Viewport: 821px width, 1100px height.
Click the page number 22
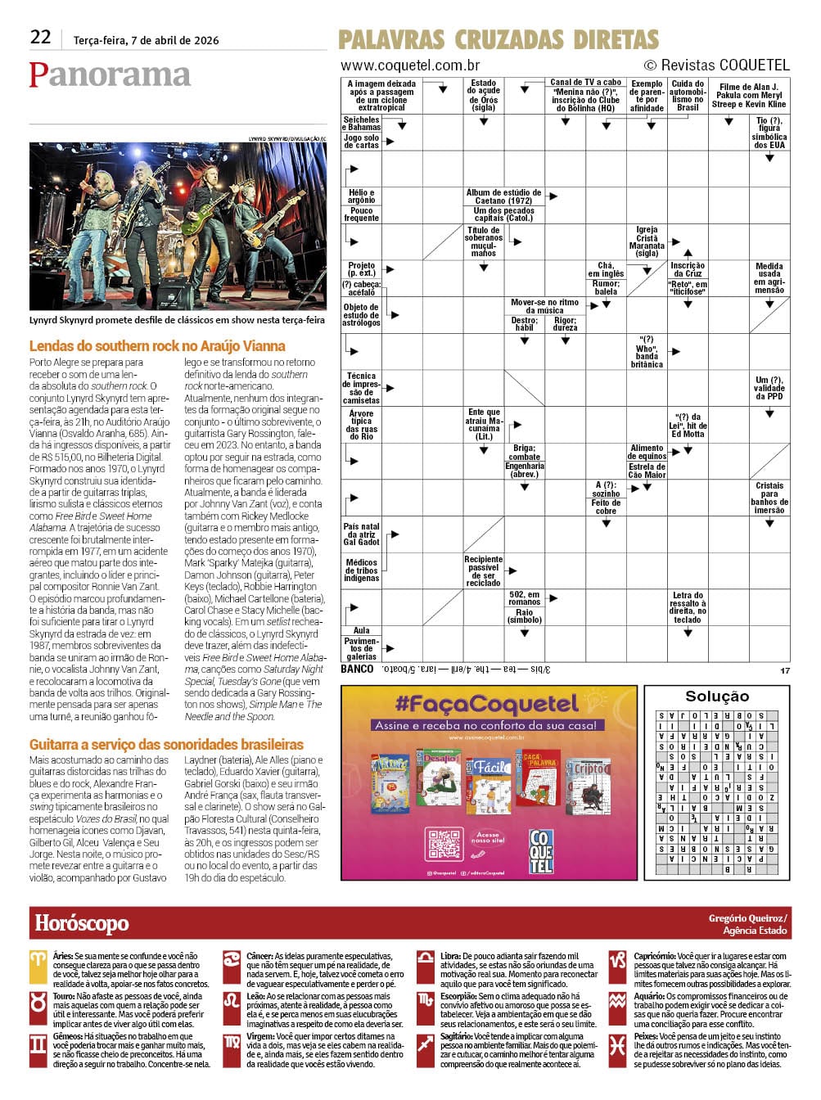click(x=40, y=37)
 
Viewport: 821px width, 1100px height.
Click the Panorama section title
click(x=110, y=74)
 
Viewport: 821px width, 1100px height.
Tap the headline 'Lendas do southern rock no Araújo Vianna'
click(x=157, y=346)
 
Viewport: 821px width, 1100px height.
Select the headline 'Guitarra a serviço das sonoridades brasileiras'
click(x=166, y=744)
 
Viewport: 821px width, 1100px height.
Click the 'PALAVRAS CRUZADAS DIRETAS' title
click(x=498, y=39)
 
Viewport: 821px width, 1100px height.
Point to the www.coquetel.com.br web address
click(x=410, y=65)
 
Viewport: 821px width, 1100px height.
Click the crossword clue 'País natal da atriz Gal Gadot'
click(x=361, y=534)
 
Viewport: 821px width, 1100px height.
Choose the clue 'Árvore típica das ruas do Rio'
click(x=361, y=425)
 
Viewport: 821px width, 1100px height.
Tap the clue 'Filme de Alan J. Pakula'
click(x=748, y=96)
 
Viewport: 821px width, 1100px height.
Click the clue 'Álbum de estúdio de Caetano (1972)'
click(x=503, y=196)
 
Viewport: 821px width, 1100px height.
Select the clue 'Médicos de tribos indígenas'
click(x=361, y=570)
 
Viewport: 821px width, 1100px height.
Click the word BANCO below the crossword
click(x=357, y=669)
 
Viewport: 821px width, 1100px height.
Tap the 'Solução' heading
click(x=717, y=696)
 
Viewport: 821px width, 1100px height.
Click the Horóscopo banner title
click(x=82, y=923)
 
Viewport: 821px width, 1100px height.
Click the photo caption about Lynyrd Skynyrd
click(x=177, y=320)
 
